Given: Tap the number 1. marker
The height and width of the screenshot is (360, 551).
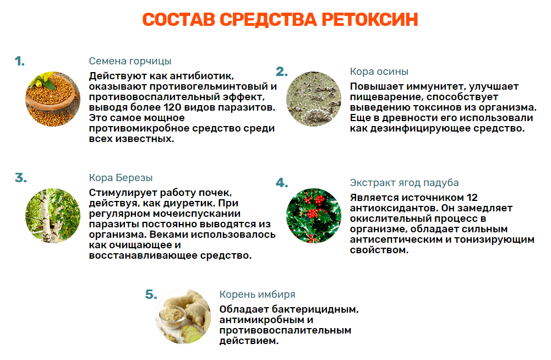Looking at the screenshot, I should [20, 61].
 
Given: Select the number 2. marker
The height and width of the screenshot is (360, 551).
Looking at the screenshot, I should [282, 72].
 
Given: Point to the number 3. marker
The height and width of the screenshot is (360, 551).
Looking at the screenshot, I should [21, 178].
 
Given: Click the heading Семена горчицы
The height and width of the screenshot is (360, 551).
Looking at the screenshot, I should [130, 61].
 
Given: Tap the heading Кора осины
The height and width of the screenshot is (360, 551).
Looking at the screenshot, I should [379, 72].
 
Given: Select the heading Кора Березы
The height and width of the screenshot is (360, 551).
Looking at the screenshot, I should [121, 178].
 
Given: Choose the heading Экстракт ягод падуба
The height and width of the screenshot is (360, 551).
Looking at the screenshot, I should [404, 183].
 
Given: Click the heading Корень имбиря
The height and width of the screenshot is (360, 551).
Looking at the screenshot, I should [257, 294].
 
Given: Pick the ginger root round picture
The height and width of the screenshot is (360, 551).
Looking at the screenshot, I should [183, 317].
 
